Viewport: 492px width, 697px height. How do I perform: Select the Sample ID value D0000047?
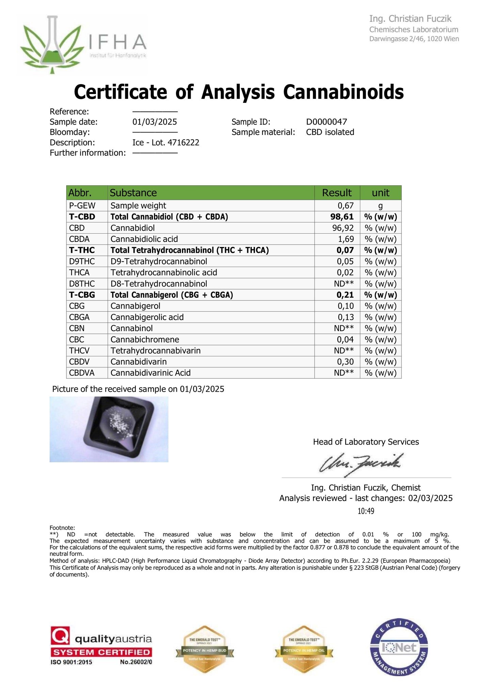(326, 122)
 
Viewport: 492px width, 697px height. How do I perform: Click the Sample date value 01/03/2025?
(155, 122)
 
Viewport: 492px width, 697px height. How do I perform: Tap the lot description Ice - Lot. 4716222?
(165, 142)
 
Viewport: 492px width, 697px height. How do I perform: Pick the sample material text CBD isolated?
(330, 132)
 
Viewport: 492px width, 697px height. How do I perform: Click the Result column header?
(337, 193)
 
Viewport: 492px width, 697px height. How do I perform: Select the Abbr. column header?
(80, 193)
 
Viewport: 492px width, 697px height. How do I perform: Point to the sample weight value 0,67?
(346, 205)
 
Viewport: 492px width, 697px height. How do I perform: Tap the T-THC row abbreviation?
(82, 250)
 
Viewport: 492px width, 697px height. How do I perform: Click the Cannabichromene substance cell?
(145, 340)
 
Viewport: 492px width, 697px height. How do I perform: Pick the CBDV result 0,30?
(346, 362)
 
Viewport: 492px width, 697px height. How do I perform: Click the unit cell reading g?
(380, 205)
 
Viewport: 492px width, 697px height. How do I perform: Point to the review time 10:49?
(366, 511)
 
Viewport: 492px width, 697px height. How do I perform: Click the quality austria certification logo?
(101, 646)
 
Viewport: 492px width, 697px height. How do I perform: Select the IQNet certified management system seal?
(399, 647)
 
